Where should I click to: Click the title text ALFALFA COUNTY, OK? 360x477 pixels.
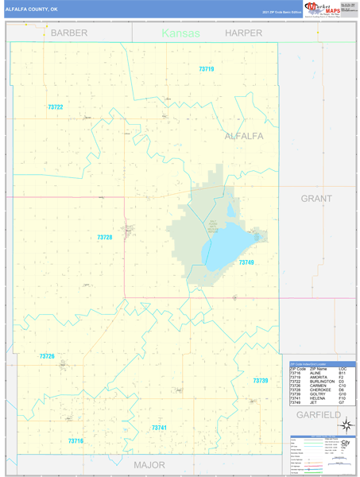pos(32,9)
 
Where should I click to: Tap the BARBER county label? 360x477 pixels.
pos(69,33)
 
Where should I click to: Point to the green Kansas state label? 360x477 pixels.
pos(181,33)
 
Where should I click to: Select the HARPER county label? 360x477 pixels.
pos(243,33)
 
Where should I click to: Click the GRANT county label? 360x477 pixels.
pos(316,198)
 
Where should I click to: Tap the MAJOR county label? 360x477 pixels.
pos(149,464)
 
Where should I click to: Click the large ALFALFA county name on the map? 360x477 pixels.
pos(244,136)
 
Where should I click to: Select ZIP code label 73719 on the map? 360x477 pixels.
pos(207,69)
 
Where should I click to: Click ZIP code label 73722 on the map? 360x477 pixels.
pos(55,107)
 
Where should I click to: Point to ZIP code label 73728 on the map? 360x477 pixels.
pos(105,237)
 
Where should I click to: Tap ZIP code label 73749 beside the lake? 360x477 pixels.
pos(246,262)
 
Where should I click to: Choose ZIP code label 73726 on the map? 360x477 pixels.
pos(47,356)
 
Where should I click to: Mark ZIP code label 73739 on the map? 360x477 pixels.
pos(261,381)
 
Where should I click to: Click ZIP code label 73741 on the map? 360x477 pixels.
pos(159,428)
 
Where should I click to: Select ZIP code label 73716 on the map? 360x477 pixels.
pos(75,440)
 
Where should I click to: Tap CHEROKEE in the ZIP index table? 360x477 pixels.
pos(321,390)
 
